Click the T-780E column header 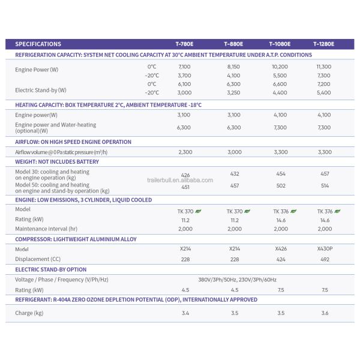[185, 44]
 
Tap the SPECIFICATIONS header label [38, 44]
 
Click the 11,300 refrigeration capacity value [323, 67]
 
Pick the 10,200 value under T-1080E [280, 67]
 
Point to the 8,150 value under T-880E [234, 67]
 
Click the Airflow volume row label [61, 152]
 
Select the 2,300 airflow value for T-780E [185, 152]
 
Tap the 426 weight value [185, 175]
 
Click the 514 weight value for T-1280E [324, 186]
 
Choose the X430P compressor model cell [324, 248]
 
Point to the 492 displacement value [324, 259]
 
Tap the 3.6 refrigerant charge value [324, 313]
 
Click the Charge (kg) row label [29, 313]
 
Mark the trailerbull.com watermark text [180, 179]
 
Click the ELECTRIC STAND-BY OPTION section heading [50, 269]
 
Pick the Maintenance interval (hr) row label [47, 229]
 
